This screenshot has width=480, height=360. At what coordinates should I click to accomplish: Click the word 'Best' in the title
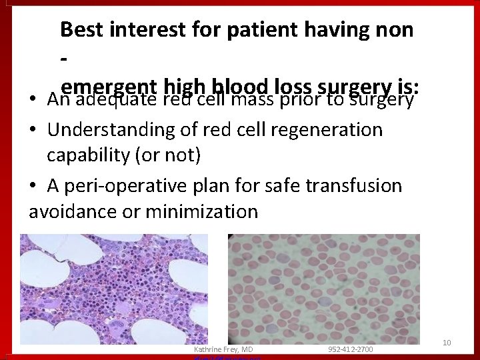(x=80, y=29)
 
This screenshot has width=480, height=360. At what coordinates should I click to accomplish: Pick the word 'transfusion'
(x=353, y=185)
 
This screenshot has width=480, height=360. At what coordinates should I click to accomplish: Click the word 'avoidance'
(x=74, y=212)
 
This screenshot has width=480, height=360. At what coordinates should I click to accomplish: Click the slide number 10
(x=447, y=343)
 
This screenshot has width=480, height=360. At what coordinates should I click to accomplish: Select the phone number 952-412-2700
(x=350, y=349)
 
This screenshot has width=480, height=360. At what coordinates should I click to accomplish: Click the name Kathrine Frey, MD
(x=223, y=349)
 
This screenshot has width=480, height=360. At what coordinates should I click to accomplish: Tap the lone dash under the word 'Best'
(x=64, y=60)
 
